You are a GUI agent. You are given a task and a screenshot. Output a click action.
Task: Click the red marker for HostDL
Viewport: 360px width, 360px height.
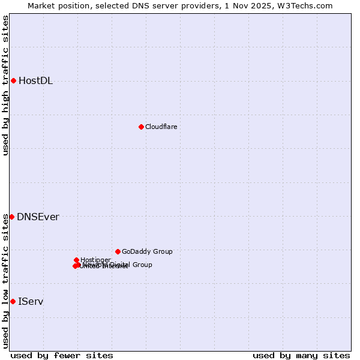(13, 80)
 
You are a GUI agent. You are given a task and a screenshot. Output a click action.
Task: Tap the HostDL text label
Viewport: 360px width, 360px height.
(35, 81)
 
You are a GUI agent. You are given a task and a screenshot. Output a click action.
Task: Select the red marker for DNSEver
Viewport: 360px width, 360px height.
(11, 217)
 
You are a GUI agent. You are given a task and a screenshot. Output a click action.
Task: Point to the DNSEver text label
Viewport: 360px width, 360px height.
(38, 217)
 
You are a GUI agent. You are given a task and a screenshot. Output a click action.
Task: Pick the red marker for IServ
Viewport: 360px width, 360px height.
(13, 301)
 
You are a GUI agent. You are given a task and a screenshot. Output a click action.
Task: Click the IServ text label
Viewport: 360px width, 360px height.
(31, 302)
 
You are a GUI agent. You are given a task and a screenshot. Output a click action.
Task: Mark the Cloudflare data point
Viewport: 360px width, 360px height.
(141, 127)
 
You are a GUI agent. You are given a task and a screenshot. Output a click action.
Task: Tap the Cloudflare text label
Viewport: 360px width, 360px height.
(161, 127)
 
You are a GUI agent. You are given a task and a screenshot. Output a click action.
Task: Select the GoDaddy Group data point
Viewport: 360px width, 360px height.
(118, 251)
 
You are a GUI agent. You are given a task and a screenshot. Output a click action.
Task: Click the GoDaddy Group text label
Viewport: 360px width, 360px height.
(147, 252)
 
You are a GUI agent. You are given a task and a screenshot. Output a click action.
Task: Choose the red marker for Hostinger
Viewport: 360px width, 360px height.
(76, 260)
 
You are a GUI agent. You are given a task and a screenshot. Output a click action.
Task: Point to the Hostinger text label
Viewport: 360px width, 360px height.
(95, 260)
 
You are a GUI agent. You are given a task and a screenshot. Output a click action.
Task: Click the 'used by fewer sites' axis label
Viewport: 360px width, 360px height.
(62, 356)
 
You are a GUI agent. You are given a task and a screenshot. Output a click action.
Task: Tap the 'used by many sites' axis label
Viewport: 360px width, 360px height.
(301, 356)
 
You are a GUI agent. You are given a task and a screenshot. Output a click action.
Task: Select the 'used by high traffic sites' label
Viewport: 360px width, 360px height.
(5, 85)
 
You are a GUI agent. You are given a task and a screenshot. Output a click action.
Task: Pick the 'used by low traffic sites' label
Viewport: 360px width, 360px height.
(5, 281)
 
